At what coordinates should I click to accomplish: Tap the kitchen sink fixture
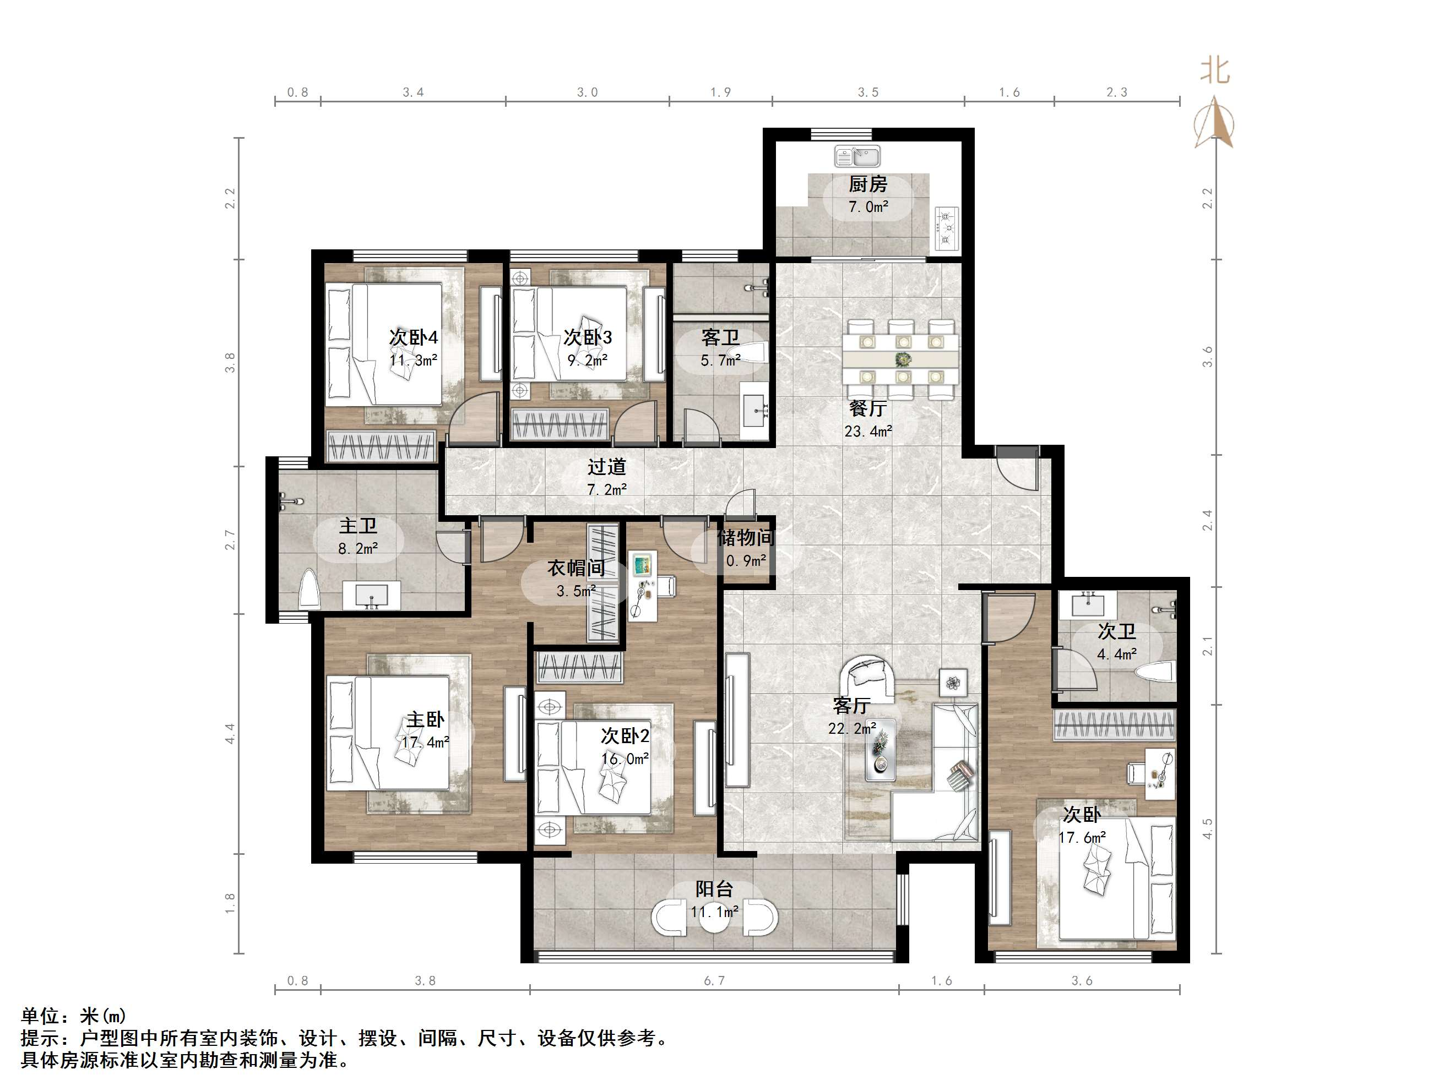tap(857, 156)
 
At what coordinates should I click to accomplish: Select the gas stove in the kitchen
tap(947, 228)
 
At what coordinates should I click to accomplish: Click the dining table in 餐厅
tap(900, 359)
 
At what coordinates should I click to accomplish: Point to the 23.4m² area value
tap(868, 432)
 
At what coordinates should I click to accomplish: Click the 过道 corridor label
tap(606, 467)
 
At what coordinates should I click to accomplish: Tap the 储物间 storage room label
tap(745, 538)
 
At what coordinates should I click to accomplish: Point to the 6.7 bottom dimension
tap(714, 981)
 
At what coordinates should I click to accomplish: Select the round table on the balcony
tap(714, 918)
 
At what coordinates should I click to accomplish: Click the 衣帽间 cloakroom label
tap(576, 568)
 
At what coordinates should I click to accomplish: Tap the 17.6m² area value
tap(1082, 838)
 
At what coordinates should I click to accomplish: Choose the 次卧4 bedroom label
tap(414, 337)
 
